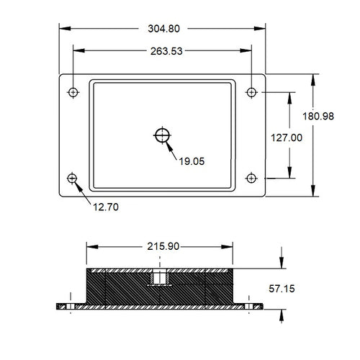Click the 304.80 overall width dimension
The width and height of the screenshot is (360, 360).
click(162, 29)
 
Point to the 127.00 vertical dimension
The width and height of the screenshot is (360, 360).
click(291, 137)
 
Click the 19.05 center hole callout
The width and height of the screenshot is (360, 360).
click(192, 161)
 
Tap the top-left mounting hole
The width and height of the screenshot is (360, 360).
click(72, 92)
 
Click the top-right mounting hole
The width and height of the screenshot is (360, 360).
click(251, 92)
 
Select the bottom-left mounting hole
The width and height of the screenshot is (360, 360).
click(72, 178)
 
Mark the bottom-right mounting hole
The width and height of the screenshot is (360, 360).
click(251, 178)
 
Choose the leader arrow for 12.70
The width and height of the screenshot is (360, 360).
click(81, 192)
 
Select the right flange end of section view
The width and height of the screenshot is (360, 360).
click(252, 306)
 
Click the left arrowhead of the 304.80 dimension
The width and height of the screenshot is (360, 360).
click(62, 29)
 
